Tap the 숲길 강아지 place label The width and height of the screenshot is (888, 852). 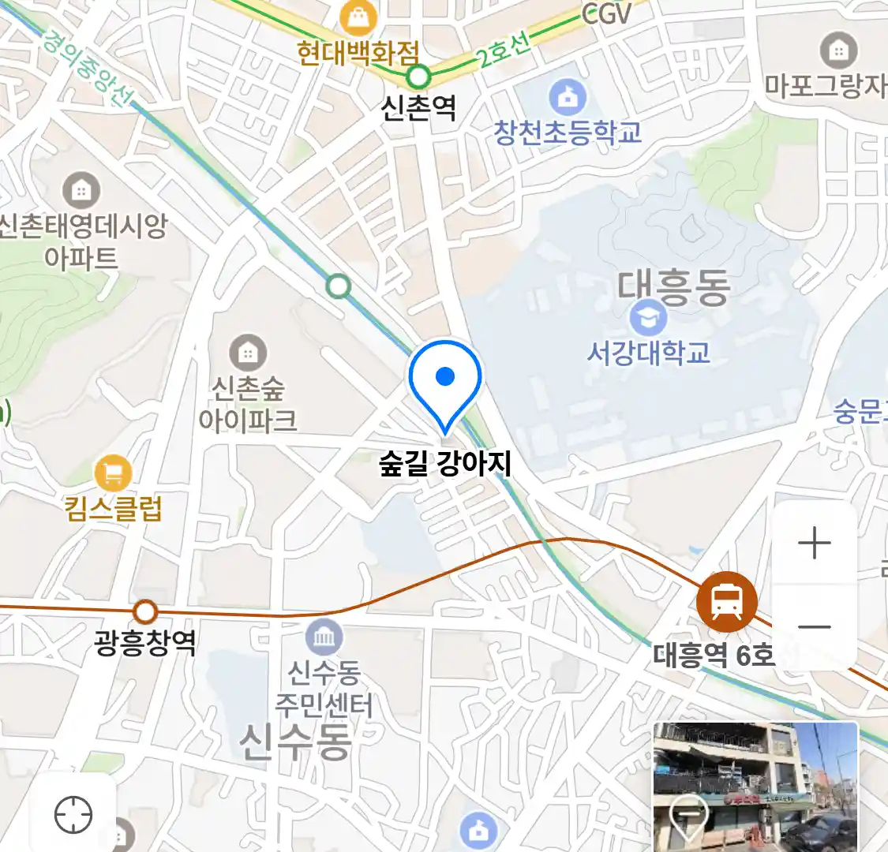tap(445, 463)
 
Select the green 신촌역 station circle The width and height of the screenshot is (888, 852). tap(419, 77)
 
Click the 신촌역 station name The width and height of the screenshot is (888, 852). tap(418, 107)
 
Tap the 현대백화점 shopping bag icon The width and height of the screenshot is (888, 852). tap(358, 17)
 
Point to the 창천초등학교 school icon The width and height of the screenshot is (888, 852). tap(568, 98)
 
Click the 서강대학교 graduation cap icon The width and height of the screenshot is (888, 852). tap(649, 318)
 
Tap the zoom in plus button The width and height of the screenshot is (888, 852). tap(815, 544)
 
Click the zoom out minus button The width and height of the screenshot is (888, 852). tap(815, 628)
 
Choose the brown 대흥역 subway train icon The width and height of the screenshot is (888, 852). tap(727, 602)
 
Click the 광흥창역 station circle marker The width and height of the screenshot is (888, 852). tap(145, 611)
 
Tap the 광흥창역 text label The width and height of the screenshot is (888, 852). tap(144, 642)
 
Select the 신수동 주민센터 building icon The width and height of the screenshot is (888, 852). tap(324, 637)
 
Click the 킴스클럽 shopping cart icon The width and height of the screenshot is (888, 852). tap(113, 473)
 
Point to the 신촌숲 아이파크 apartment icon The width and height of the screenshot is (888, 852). tap(248, 353)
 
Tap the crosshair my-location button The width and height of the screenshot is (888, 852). tap(73, 814)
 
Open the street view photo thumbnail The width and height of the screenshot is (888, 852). tap(755, 787)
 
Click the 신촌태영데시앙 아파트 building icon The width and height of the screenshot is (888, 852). tap(81, 190)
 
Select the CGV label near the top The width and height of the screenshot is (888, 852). tap(607, 13)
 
